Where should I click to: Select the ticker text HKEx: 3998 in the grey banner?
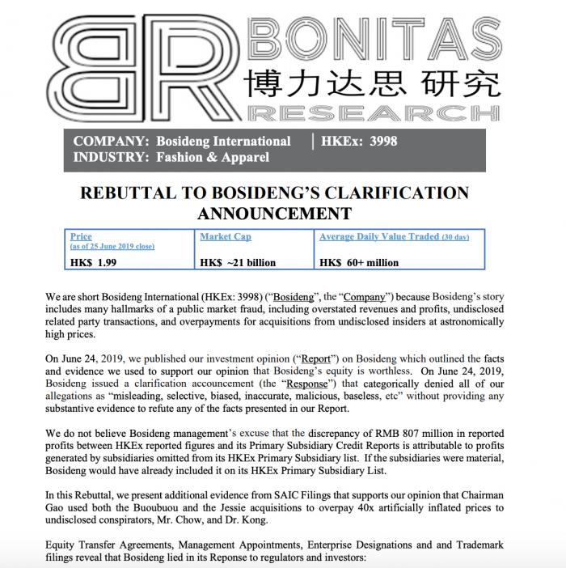(359, 142)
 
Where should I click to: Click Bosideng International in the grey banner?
(223, 142)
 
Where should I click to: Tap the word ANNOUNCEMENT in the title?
(274, 214)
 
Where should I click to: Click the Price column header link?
(81, 236)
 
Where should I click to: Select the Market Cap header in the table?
(226, 236)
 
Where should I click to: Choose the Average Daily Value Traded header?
(394, 236)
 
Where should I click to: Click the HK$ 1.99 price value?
(95, 262)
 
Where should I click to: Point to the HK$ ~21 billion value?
(238, 262)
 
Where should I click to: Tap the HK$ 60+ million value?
(359, 262)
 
